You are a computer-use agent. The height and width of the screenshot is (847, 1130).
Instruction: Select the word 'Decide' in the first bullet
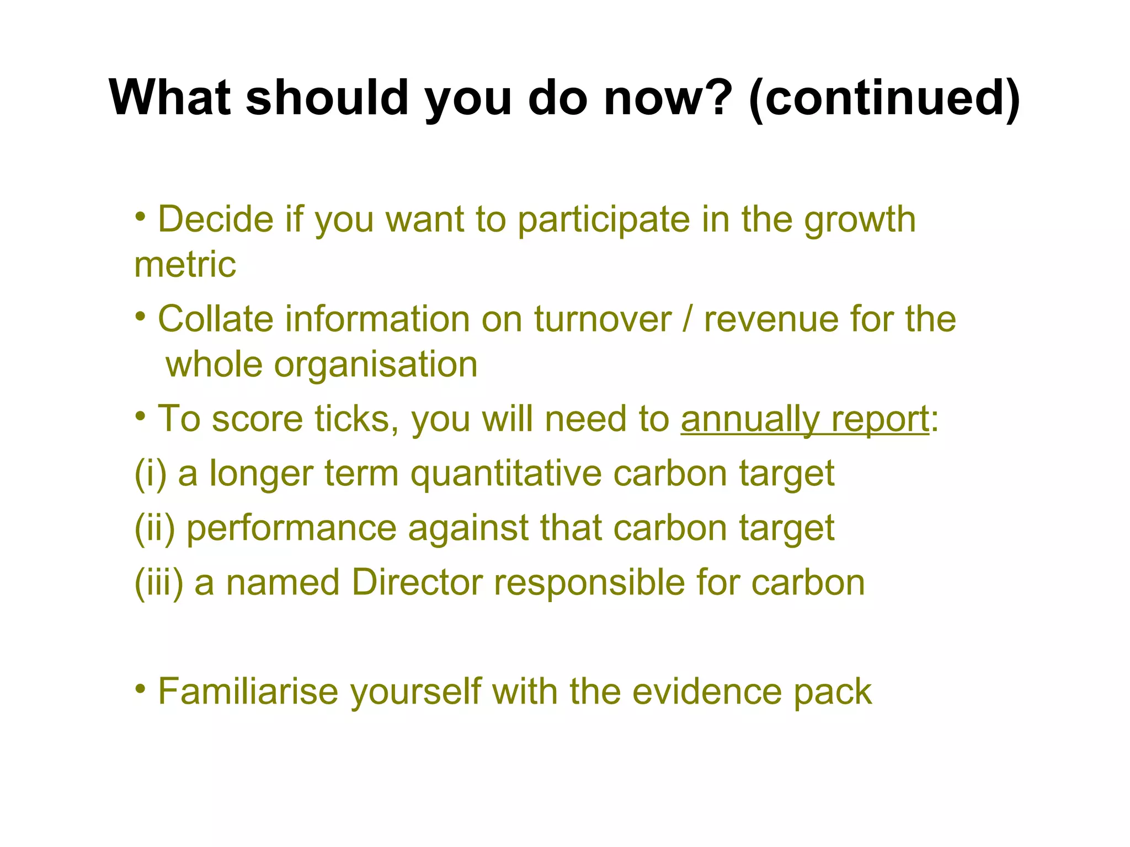(x=216, y=219)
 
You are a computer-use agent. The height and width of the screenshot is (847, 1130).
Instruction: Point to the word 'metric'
(x=185, y=265)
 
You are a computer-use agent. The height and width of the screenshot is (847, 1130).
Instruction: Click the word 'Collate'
(x=215, y=319)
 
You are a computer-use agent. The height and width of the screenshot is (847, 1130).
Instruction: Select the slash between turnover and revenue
(x=687, y=319)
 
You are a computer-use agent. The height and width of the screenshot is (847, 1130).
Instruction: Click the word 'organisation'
(x=376, y=364)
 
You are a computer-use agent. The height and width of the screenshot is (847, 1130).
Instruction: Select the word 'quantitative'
(x=506, y=474)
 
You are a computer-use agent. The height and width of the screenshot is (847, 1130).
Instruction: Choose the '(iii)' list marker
(x=159, y=583)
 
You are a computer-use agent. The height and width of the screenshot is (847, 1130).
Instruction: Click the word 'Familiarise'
(x=248, y=691)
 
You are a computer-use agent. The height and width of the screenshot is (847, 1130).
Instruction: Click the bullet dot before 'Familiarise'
(x=141, y=688)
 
